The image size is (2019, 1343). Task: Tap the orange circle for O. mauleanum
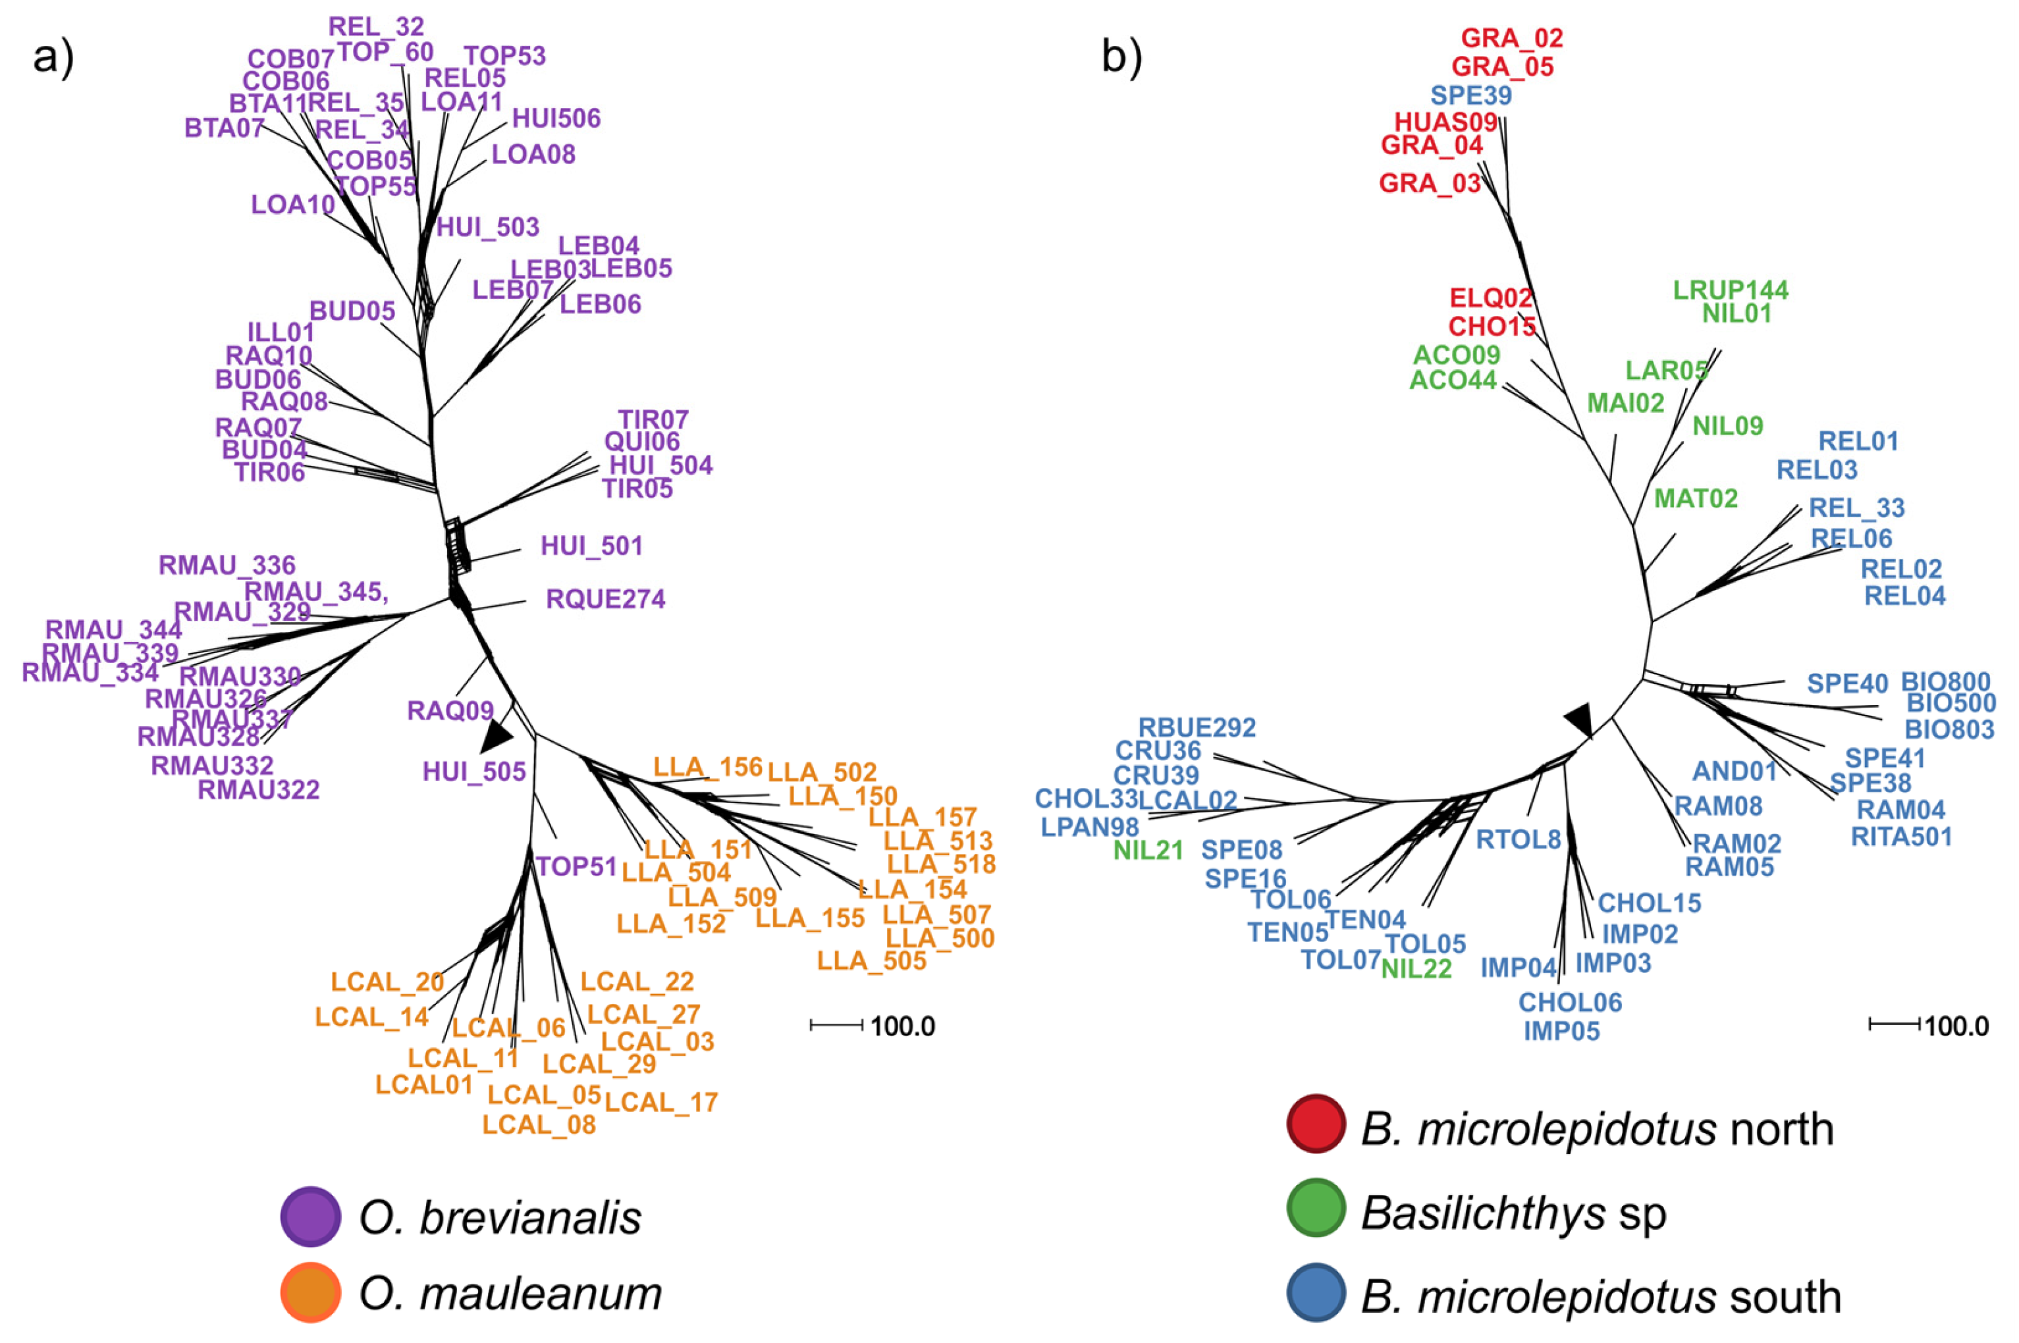pos(311,1292)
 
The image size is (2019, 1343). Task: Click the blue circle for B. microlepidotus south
pos(1316,1292)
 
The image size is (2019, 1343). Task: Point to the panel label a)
pos(53,58)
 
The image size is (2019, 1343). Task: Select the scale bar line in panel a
pos(837,1025)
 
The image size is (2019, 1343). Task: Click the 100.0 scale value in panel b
pos(1956,1026)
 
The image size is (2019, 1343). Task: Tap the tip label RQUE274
pos(606,598)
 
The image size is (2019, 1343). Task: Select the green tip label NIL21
pos(1148,851)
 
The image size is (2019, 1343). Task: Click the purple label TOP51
pos(576,867)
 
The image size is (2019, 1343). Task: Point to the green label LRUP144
pos(1731,290)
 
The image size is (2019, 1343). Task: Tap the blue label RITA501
pos(1902,837)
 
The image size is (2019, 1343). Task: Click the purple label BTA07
pos(225,128)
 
